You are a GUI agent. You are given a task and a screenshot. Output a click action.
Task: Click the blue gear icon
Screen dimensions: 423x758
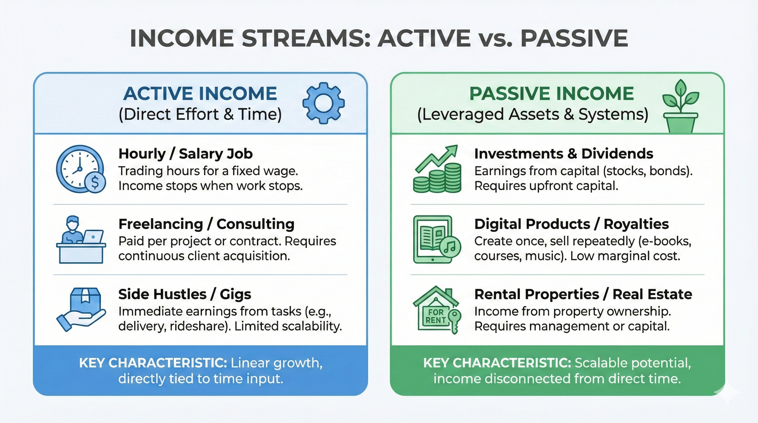[323, 103]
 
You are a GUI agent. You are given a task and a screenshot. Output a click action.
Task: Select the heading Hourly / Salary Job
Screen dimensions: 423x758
[185, 154]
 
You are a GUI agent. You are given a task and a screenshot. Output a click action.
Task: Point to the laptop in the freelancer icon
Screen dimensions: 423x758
[93, 237]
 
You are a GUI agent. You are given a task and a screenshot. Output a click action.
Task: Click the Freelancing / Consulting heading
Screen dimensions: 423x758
[206, 224]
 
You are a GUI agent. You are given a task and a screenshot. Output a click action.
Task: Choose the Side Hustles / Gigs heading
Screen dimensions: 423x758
[185, 294]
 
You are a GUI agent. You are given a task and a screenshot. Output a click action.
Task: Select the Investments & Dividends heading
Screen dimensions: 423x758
[564, 154]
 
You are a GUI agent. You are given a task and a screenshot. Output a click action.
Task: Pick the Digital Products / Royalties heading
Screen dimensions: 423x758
[572, 224]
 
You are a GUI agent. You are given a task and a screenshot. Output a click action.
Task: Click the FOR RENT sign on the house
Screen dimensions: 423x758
[435, 316]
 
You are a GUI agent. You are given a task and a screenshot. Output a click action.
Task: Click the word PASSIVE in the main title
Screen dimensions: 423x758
[574, 38]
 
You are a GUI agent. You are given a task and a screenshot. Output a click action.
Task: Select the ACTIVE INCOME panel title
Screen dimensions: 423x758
[200, 94]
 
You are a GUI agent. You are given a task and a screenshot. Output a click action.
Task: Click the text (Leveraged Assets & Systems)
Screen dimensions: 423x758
[533, 114]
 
